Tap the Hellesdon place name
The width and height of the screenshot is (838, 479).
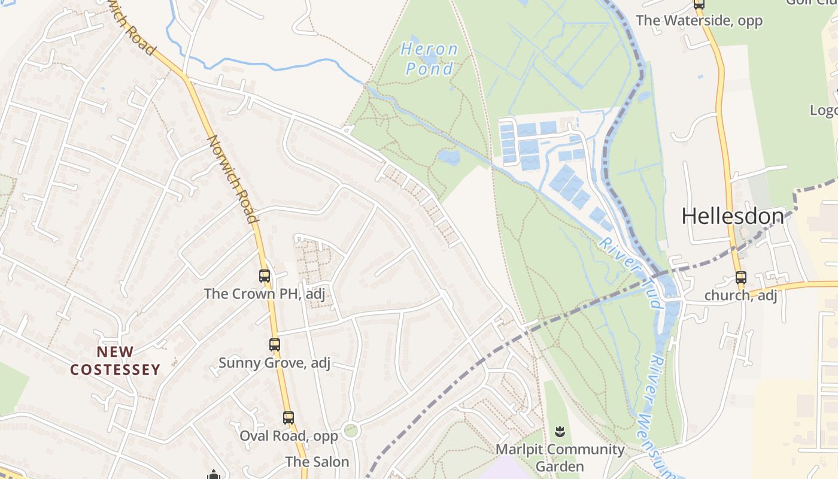733,216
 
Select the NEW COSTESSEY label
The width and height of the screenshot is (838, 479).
116,360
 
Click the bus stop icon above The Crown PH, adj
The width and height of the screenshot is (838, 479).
265,276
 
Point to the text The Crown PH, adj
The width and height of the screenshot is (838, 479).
264,293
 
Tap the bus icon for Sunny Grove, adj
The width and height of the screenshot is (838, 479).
275,345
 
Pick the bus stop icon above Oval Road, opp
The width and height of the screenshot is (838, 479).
289,418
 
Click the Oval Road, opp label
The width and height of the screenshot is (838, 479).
289,435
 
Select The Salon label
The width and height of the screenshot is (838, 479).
317,462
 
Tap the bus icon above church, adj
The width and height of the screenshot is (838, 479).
741,278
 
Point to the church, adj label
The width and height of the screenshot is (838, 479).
740,295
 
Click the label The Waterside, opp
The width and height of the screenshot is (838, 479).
699,21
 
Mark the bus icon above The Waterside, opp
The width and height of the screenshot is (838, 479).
699,4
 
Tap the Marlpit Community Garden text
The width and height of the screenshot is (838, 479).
560,457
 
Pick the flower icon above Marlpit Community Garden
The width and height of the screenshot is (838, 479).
560,431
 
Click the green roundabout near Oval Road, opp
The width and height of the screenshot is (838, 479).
350,430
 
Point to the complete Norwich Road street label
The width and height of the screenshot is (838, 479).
233,178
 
